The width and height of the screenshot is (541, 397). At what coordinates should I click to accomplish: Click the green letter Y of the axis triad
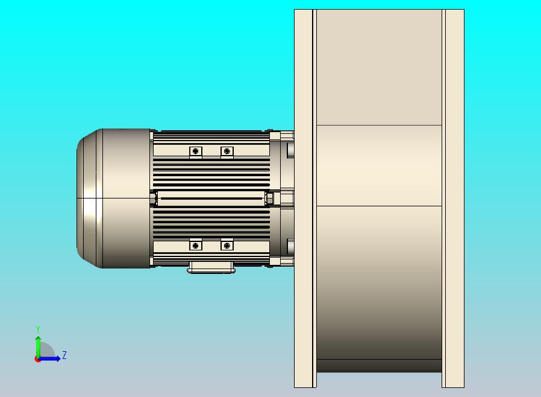coord(38,329)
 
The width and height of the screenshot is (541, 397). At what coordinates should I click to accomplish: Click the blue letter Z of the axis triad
coord(64,355)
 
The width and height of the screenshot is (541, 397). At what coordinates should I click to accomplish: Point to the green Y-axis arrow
coord(38,347)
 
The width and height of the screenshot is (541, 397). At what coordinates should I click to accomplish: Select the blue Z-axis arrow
coord(49,359)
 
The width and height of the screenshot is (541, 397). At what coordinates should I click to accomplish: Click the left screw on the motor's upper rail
coord(196,151)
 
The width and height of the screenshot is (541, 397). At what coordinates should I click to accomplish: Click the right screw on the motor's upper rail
coord(227,151)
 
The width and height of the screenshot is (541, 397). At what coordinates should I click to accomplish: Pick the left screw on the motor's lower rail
coord(196,246)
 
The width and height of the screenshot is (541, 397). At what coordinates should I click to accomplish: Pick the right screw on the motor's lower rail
coord(227,246)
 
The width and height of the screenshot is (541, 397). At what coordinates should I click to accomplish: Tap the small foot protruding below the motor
coord(211,267)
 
